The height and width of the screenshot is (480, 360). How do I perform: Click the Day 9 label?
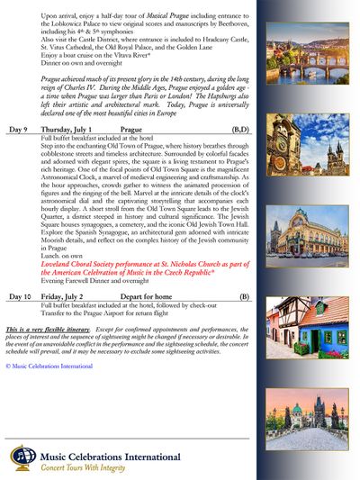point(19,130)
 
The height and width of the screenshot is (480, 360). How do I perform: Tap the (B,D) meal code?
point(240,130)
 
